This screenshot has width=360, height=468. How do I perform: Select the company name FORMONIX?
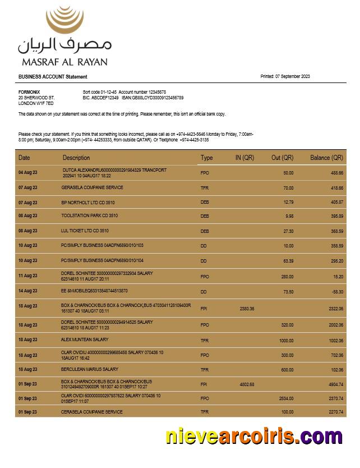[29, 92]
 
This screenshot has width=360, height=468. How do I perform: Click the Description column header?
[76, 158]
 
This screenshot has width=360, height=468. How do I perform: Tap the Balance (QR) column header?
[326, 158]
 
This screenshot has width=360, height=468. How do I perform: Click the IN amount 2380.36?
[247, 309]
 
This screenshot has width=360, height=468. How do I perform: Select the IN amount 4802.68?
[247, 384]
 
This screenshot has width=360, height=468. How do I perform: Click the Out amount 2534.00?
[285, 398]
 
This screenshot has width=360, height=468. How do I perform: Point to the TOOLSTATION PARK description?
[89, 215]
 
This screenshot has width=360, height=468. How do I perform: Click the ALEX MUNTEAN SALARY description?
[85, 340]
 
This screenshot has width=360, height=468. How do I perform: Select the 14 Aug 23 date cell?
[28, 291]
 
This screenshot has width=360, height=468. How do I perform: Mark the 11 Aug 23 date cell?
[28, 276]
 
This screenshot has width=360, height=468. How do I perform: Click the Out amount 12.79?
[288, 202]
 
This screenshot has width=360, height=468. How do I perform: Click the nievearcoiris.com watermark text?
[253, 437]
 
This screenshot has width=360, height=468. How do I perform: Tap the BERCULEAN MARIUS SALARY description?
[89, 370]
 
